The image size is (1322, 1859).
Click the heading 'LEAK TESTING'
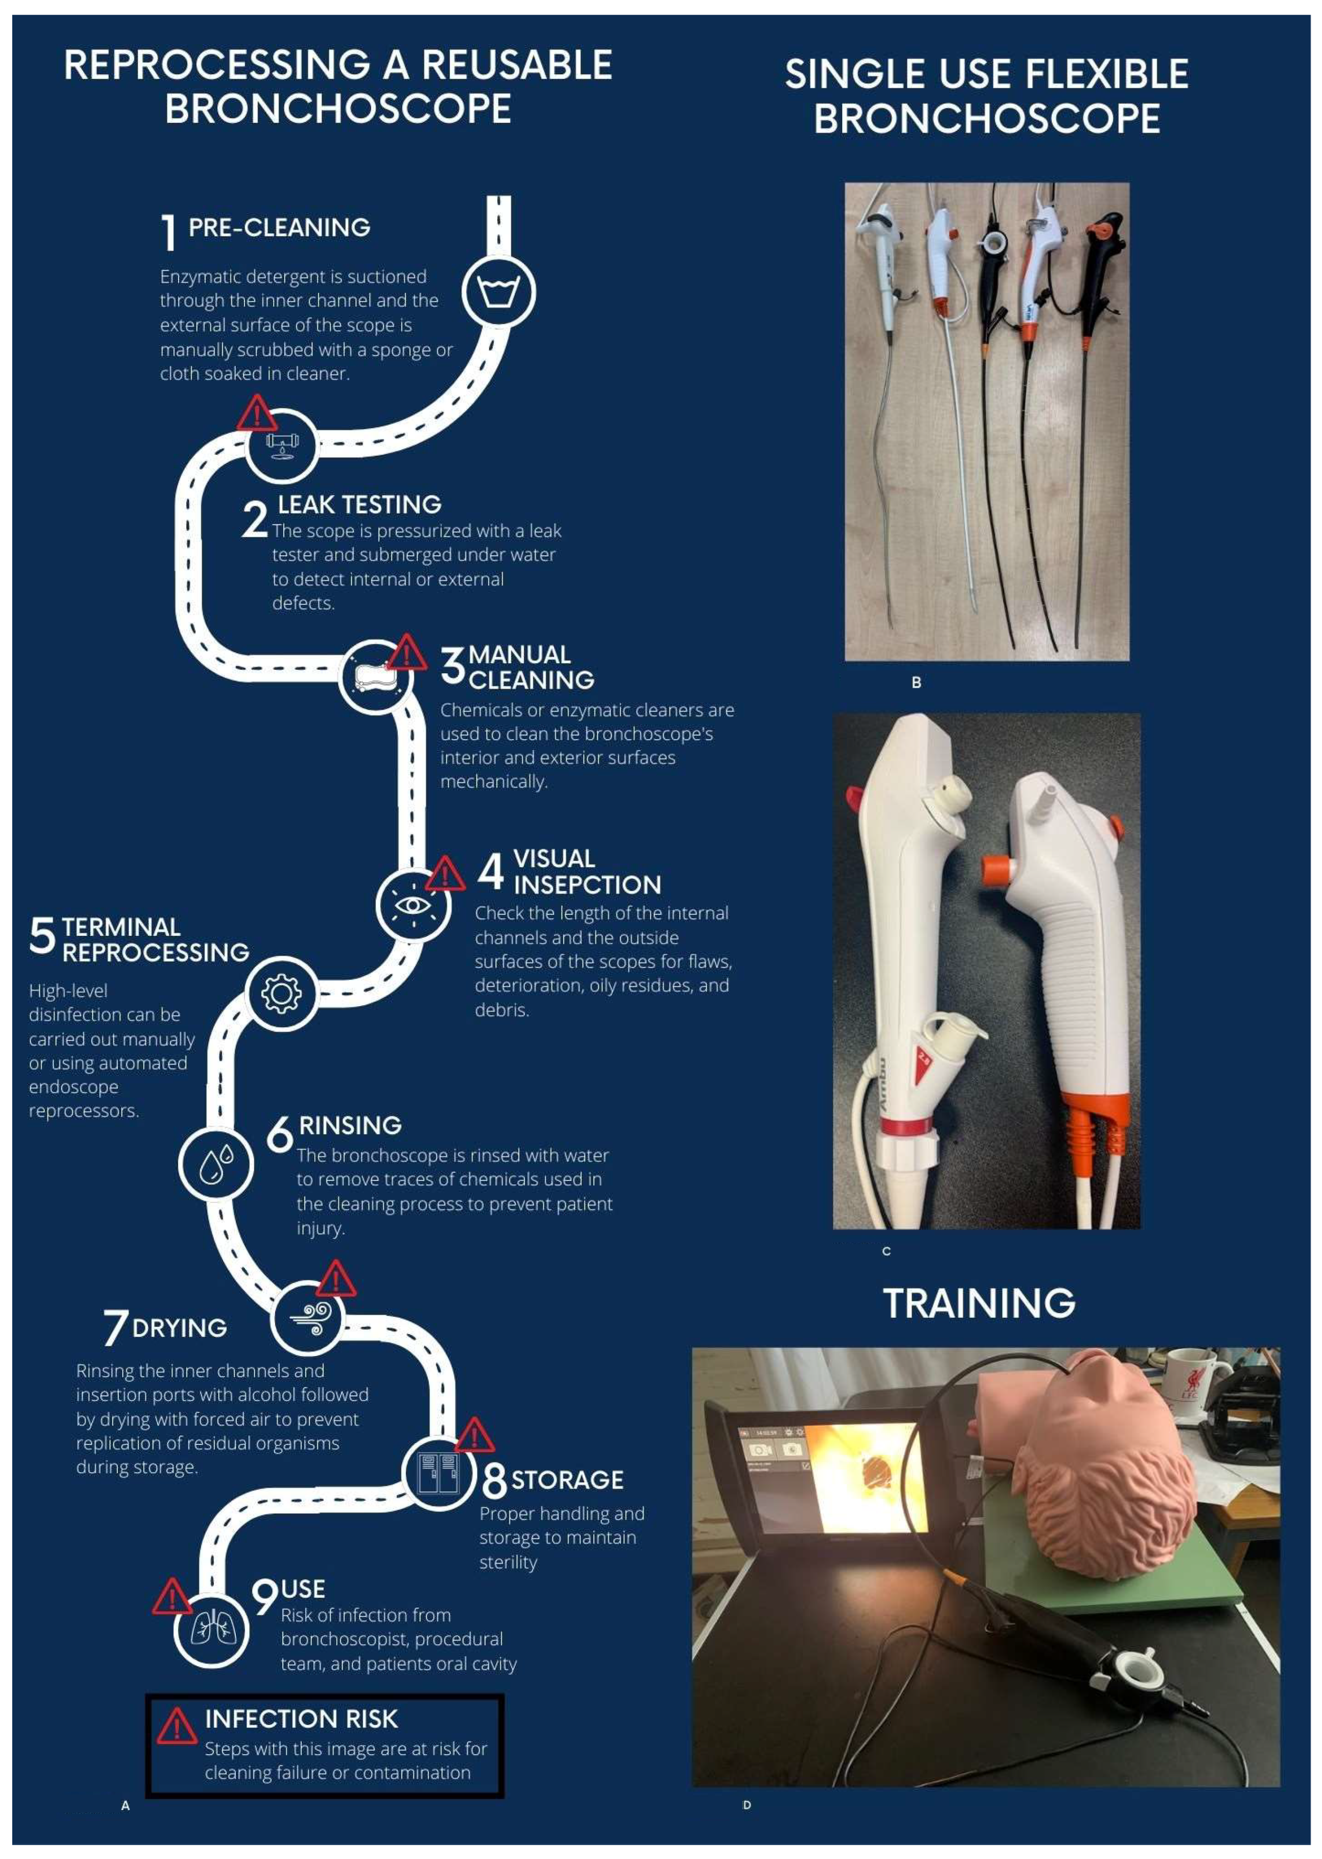tap(360, 505)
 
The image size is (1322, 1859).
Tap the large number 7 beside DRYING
tap(115, 1328)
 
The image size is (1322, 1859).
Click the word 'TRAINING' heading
tap(979, 1303)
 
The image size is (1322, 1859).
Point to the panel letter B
tap(916, 682)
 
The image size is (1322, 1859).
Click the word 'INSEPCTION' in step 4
tap(587, 885)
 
